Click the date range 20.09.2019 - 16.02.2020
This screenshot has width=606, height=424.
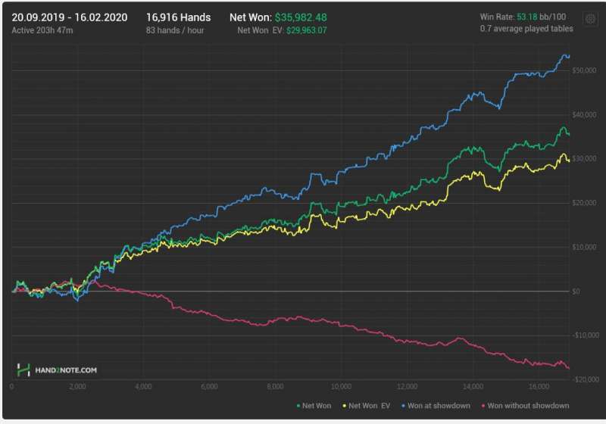(x=70, y=17)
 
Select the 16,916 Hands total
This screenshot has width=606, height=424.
(x=178, y=17)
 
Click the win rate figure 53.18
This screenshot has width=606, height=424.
(x=529, y=17)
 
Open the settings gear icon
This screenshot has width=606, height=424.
(x=589, y=19)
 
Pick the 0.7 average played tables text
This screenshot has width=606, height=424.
(x=526, y=29)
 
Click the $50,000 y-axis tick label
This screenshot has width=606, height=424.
(x=586, y=70)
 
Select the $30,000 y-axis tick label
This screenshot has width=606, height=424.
(x=586, y=159)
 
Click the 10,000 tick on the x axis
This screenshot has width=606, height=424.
(x=342, y=387)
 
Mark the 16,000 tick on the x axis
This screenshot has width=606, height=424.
(x=539, y=387)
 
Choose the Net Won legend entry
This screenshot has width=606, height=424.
(x=314, y=406)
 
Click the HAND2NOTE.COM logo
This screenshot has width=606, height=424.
(x=58, y=370)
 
